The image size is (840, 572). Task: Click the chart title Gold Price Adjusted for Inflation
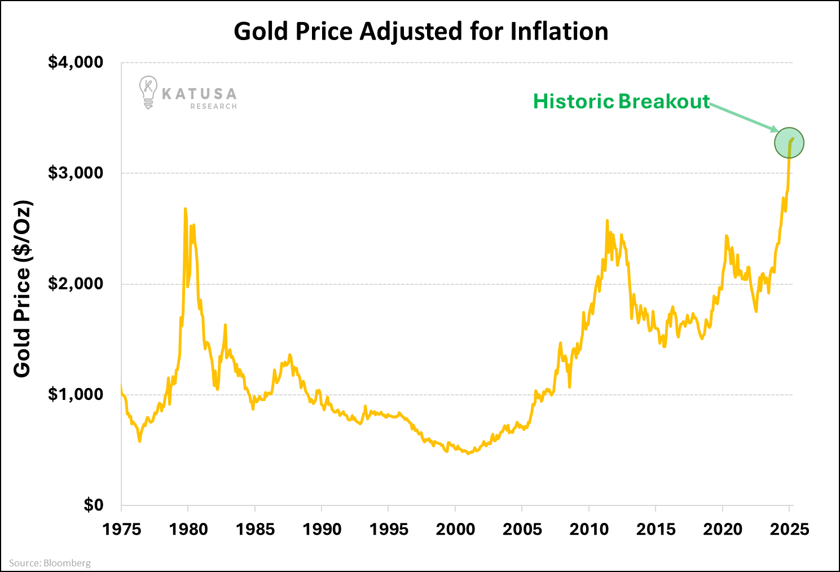[x=421, y=32]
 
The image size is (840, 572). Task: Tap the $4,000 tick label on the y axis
[x=76, y=62]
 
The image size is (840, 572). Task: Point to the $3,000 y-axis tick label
[x=76, y=173]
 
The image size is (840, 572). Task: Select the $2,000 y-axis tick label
[x=76, y=283]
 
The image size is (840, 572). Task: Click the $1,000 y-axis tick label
[x=76, y=394]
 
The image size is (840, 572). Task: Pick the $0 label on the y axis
[x=94, y=505]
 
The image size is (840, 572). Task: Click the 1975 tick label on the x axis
[x=121, y=530]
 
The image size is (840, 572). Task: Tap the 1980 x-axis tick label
[x=188, y=530]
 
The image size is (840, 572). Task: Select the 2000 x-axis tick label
[x=455, y=530]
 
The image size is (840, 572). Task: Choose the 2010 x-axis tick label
[x=589, y=530]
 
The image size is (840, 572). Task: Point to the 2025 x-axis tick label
[x=789, y=530]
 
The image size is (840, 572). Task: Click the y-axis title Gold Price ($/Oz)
[x=23, y=289]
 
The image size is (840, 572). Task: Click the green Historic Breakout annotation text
[x=621, y=102]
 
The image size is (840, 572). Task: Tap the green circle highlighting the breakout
[x=789, y=143]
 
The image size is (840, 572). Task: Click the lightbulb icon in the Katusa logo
[x=148, y=92]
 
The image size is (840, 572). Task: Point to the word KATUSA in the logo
[x=199, y=94]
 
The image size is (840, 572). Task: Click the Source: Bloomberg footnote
[x=50, y=563]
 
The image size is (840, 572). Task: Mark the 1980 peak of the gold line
[x=185, y=209]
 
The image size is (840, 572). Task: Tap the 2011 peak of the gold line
[x=607, y=221]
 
